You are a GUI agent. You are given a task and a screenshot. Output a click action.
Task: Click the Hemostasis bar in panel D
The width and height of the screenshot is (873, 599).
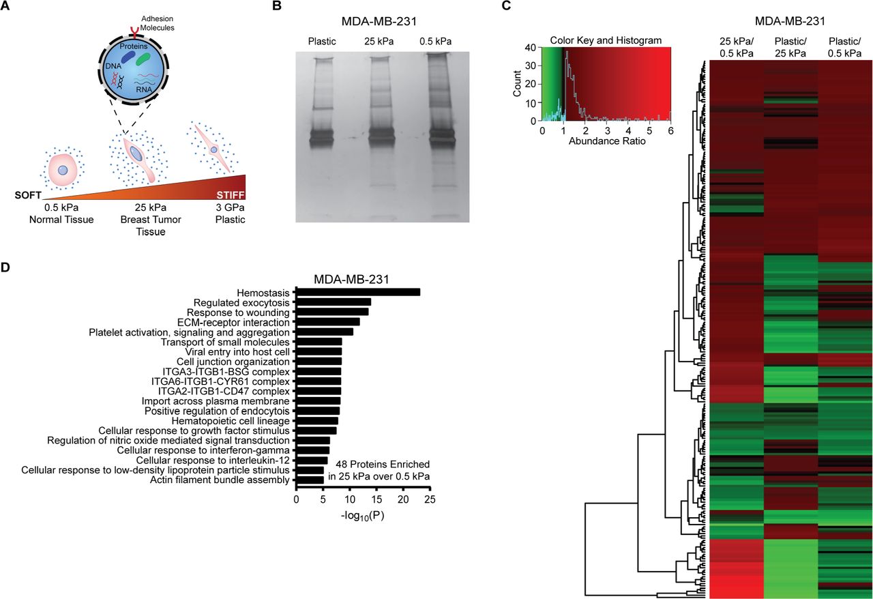(x=357, y=292)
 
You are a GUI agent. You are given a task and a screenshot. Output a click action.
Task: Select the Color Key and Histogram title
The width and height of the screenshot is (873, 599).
(x=606, y=41)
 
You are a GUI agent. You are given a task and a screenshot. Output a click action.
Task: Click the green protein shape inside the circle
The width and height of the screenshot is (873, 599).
(x=143, y=60)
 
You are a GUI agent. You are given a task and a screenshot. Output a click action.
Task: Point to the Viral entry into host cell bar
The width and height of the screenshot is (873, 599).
(x=319, y=351)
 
